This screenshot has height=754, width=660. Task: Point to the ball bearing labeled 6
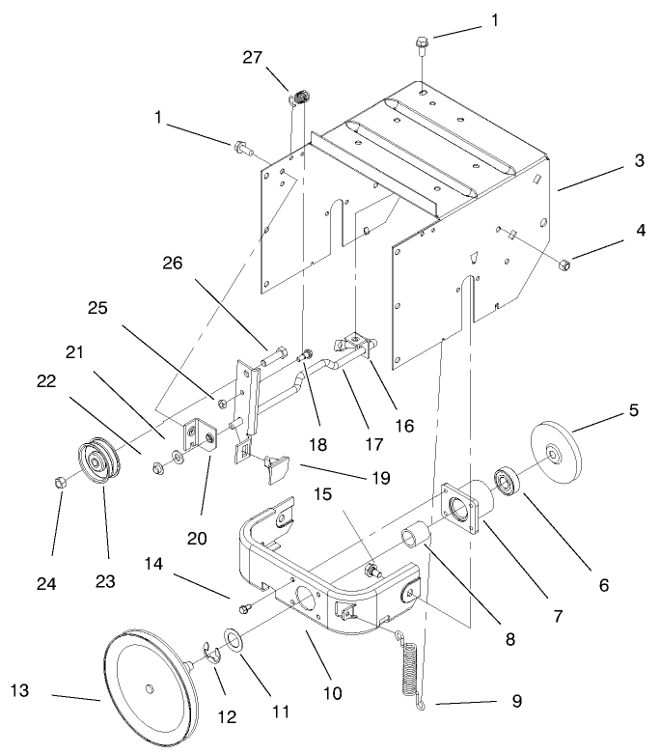click(506, 480)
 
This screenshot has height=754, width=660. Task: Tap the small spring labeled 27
click(301, 97)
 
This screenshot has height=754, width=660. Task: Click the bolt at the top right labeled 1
click(423, 44)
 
